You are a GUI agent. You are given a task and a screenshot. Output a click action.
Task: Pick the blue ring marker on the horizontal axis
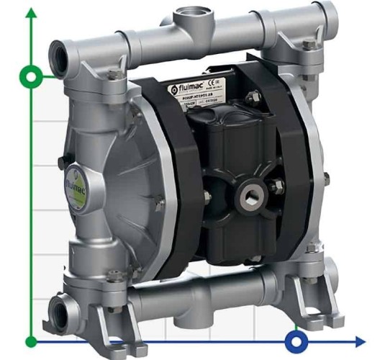tap(295, 340)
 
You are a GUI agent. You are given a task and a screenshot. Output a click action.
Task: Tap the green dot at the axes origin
tap(31, 340)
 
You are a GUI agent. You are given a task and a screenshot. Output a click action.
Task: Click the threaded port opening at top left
tap(58, 53)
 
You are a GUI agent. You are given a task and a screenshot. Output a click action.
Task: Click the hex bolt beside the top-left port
tap(113, 73)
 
